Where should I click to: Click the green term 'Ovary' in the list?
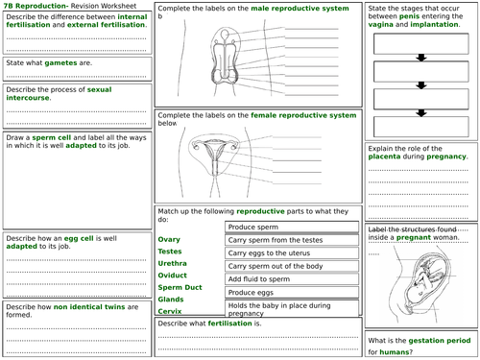[169, 238]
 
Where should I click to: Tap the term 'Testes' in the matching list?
[170, 251]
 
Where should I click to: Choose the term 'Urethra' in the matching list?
[173, 263]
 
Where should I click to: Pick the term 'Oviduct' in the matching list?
[173, 275]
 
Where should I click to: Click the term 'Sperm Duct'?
[179, 287]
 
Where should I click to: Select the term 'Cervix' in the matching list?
[170, 311]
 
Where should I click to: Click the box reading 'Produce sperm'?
[252, 227]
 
